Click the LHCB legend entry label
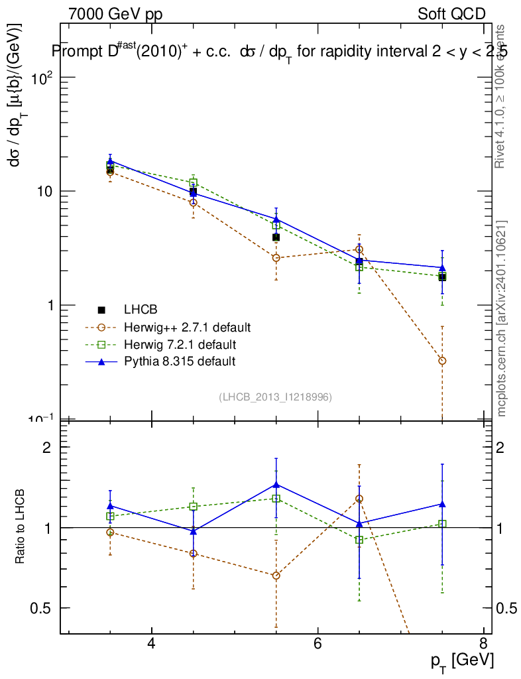click(140, 310)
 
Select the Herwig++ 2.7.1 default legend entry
click(186, 327)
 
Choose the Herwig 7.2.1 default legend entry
click(179, 344)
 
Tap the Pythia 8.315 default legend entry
click(179, 361)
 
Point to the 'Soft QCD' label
click(451, 14)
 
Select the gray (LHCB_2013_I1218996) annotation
click(275, 397)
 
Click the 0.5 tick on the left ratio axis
click(42, 608)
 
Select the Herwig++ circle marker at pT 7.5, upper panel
click(442, 361)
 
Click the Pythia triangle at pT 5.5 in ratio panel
click(276, 485)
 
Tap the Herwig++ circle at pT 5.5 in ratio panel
click(276, 576)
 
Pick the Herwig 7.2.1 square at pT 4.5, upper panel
click(194, 182)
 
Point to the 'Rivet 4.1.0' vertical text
click(502, 96)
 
